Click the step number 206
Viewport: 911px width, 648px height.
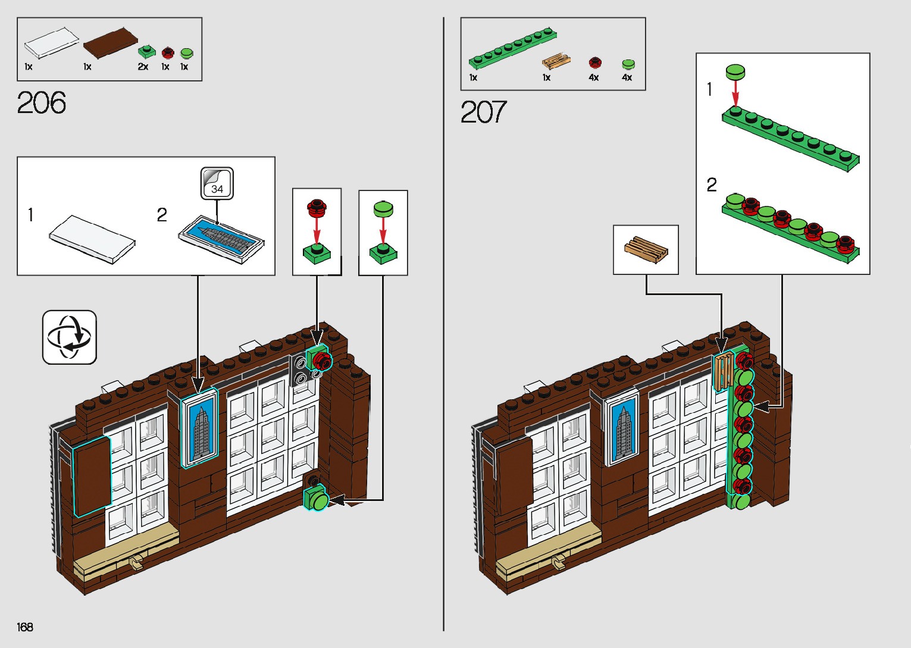pyautogui.click(x=42, y=104)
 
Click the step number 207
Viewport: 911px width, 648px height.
pyautogui.click(x=484, y=112)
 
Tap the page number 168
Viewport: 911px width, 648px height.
pyautogui.click(x=25, y=627)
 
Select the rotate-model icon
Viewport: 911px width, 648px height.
pyautogui.click(x=70, y=337)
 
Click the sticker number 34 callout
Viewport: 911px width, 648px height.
pyautogui.click(x=217, y=184)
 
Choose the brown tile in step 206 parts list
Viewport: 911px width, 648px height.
pyautogui.click(x=111, y=43)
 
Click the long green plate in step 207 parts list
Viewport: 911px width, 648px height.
pyautogui.click(x=513, y=48)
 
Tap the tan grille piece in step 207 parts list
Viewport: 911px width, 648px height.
pyautogui.click(x=556, y=61)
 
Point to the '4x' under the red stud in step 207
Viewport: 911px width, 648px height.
pyautogui.click(x=593, y=78)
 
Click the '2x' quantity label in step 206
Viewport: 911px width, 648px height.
pyautogui.click(x=143, y=67)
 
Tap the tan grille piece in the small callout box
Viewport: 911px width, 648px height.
pyautogui.click(x=646, y=250)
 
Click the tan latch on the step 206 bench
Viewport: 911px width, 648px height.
pyautogui.click(x=136, y=562)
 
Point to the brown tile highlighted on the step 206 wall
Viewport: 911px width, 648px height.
pyautogui.click(x=92, y=476)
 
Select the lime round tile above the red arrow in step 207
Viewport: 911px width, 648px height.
pyautogui.click(x=735, y=73)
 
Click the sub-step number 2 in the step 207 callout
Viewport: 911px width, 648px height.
pyautogui.click(x=712, y=185)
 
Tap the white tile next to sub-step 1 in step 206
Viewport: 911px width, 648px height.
pyautogui.click(x=92, y=238)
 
